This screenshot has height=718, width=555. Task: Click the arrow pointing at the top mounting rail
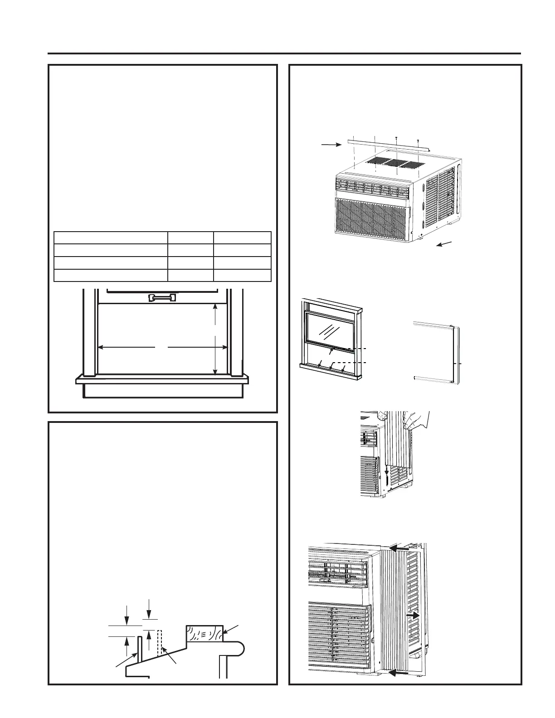(331, 145)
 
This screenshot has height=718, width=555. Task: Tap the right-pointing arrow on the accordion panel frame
(414, 616)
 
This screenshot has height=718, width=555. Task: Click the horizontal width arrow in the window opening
(163, 347)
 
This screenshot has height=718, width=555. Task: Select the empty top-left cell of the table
(111, 238)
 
